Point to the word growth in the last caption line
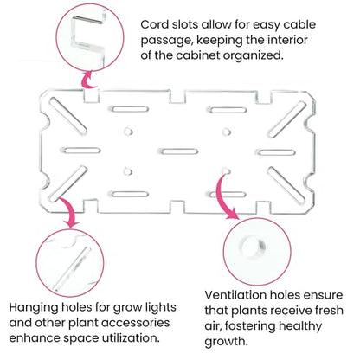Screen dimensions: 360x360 tap(226, 342)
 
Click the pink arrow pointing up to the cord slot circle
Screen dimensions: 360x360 tap(88, 80)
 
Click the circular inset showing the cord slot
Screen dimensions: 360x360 tap(90, 38)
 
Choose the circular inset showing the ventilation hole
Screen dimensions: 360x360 tap(257, 252)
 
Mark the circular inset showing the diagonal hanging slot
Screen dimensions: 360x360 tap(70, 263)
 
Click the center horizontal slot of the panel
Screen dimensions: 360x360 tap(179, 151)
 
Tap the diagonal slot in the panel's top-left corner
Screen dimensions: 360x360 tap(67, 117)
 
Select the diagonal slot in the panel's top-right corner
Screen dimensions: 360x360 tap(286, 119)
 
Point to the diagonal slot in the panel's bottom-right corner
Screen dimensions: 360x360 tap(286, 185)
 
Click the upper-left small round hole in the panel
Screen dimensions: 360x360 tap(128, 132)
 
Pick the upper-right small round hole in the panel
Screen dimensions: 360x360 tap(227, 132)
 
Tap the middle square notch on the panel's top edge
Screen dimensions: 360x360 tap(177, 97)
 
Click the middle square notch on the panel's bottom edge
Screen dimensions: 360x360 tap(177, 207)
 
